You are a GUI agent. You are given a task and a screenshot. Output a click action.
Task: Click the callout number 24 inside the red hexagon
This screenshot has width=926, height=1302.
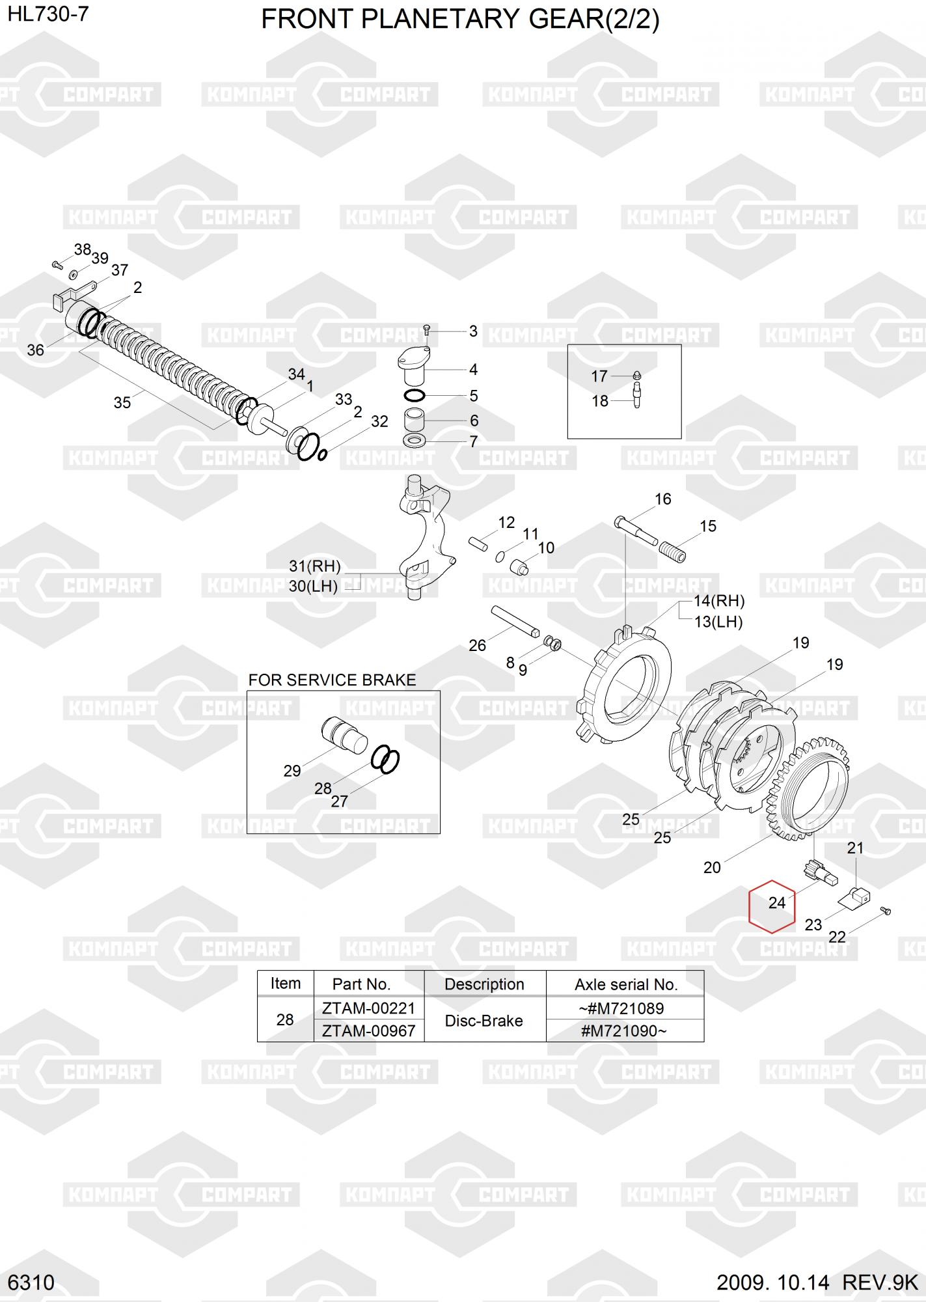(x=777, y=903)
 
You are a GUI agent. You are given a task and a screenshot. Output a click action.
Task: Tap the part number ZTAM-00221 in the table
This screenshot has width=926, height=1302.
(x=368, y=1008)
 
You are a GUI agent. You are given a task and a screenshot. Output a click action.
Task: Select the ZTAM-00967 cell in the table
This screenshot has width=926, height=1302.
(x=368, y=1031)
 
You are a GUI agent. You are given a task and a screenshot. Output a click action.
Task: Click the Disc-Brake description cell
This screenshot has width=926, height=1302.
(x=483, y=1020)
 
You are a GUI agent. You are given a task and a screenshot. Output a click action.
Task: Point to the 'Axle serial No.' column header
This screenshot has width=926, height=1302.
(x=626, y=984)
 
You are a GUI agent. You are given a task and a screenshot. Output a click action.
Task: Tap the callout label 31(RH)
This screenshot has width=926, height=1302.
(x=315, y=566)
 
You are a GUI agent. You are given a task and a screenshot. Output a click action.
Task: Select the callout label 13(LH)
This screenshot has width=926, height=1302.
(x=718, y=622)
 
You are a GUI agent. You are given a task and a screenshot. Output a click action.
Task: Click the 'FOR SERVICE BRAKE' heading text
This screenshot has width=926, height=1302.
(x=332, y=680)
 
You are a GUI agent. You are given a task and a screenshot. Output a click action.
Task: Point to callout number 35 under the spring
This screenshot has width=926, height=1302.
(x=122, y=403)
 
